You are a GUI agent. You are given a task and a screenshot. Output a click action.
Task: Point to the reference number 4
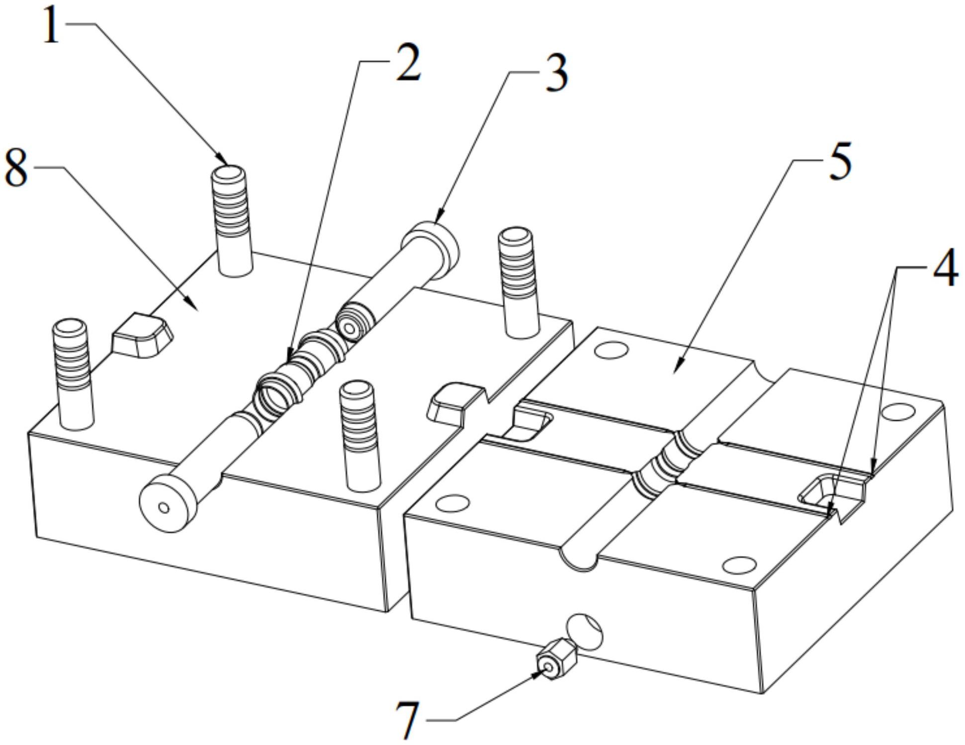944,269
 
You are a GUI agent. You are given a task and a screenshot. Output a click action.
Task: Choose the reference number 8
16,170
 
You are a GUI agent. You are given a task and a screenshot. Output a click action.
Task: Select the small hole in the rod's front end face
164,508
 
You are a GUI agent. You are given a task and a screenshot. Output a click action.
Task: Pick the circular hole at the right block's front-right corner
739,564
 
